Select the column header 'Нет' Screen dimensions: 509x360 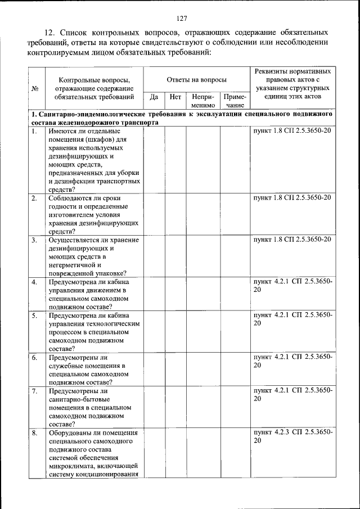(x=175, y=96)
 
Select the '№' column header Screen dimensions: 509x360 (x=35, y=88)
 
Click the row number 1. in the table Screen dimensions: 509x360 (x=35, y=132)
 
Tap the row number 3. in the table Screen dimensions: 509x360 (x=35, y=240)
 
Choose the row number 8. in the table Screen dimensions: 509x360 (x=35, y=433)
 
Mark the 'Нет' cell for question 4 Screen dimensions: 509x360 (x=175, y=294)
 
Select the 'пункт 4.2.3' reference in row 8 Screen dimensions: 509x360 (x=276, y=433)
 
